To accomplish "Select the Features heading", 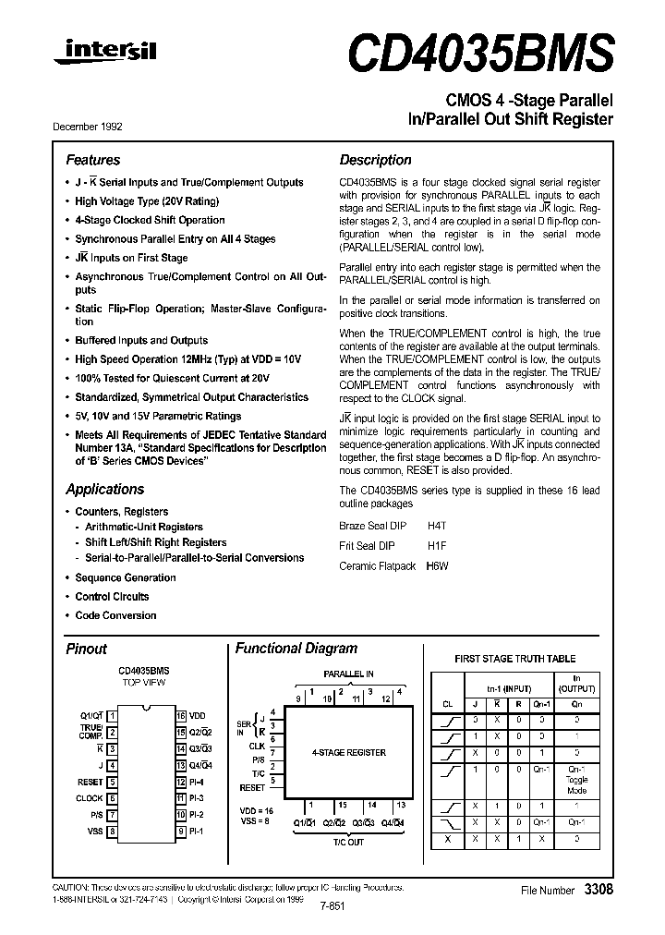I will pyautogui.click(x=92, y=160).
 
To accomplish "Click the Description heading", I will pyautogui.click(x=375, y=160).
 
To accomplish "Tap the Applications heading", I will pyautogui.click(x=104, y=489).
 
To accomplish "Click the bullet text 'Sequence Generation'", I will pyautogui.click(x=125, y=577).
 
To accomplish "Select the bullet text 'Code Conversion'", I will pyautogui.click(x=115, y=615).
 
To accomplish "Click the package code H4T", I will pyautogui.click(x=437, y=524).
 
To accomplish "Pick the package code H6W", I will pyautogui.click(x=437, y=565).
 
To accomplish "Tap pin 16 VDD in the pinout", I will pyautogui.click(x=190, y=715).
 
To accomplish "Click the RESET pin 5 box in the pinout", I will pyautogui.click(x=112, y=781).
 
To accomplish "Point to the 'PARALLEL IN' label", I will pyautogui.click(x=348, y=674).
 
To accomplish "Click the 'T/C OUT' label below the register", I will pyautogui.click(x=349, y=842).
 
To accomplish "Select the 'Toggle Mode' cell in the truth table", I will pyautogui.click(x=576, y=785).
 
